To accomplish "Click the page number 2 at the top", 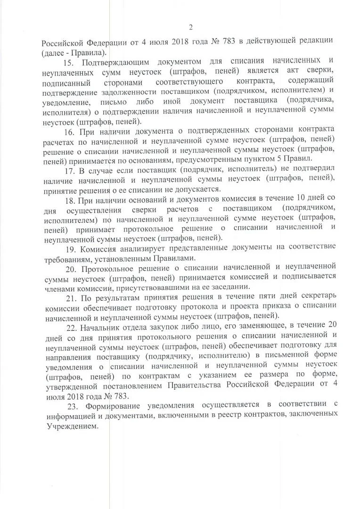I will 190,27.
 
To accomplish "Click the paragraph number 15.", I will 69,62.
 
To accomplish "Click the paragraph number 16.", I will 69,130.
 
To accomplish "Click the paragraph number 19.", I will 70,247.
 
